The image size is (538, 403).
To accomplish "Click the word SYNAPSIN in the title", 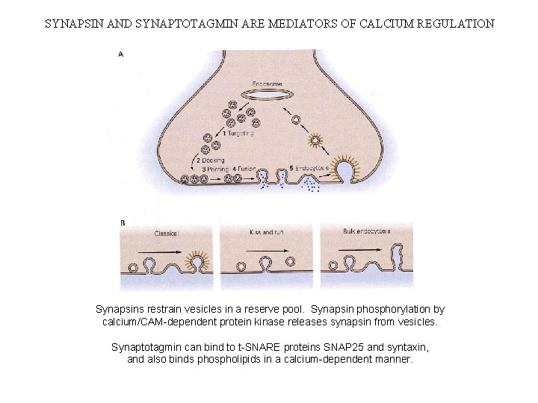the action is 72,23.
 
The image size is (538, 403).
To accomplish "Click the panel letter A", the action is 121,54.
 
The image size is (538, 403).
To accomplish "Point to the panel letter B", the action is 123,223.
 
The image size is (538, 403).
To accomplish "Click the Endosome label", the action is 268,84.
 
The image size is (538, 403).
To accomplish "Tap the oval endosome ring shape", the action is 268,96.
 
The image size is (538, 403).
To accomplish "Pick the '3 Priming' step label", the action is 214,169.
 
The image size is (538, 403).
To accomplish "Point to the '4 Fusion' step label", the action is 247,169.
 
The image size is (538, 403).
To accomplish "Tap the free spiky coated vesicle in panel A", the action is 318,140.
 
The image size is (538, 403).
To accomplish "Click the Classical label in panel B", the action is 166,233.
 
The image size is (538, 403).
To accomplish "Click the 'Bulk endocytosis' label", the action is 366,231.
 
